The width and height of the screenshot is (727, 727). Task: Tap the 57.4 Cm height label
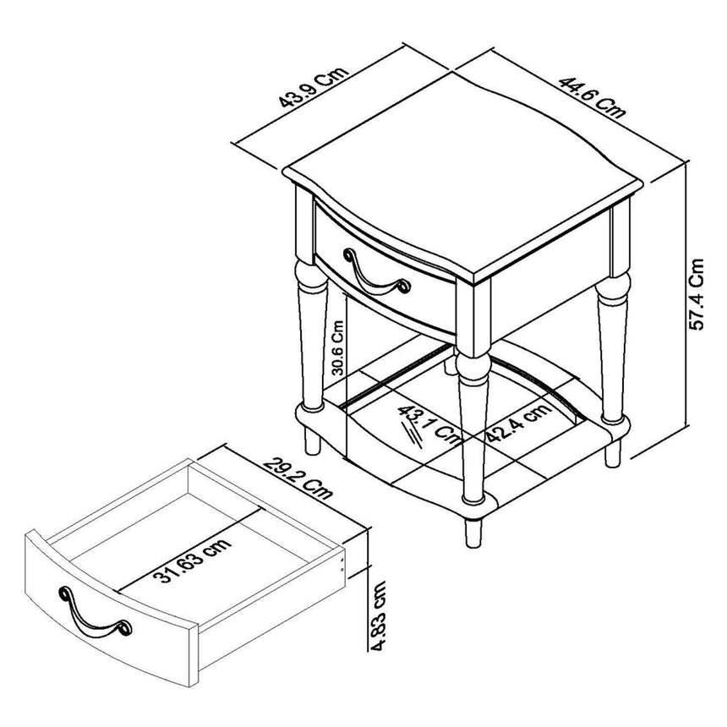(695, 293)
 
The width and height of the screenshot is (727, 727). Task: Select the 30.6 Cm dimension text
(337, 347)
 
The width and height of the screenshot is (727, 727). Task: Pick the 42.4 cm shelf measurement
(517, 422)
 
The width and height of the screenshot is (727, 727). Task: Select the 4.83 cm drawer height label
(381, 615)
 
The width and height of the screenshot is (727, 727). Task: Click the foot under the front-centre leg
(471, 529)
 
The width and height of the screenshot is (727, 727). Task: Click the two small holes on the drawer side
(342, 564)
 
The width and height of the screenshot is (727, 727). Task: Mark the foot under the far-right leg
(612, 447)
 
